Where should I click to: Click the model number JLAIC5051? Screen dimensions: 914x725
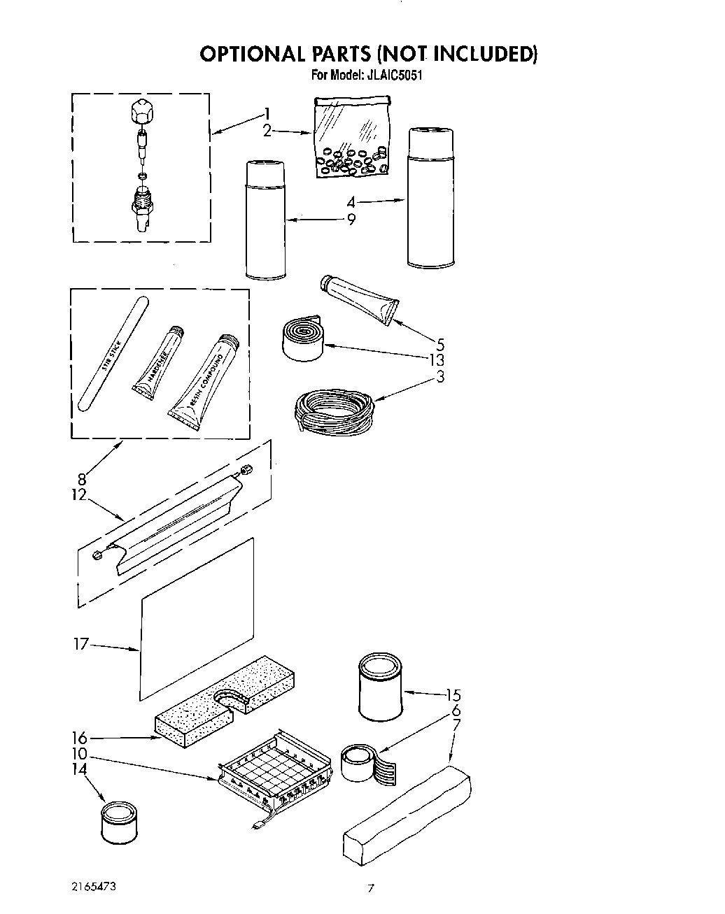[x=393, y=76]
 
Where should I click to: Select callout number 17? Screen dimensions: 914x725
[x=81, y=643]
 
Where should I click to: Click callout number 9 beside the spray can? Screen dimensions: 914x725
[x=351, y=219]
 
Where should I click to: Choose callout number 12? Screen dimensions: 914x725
[x=79, y=494]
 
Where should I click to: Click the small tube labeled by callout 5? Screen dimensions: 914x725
[x=360, y=298]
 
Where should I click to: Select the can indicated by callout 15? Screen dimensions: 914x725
[x=381, y=689]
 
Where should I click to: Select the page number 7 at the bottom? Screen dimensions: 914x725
[x=371, y=889]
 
